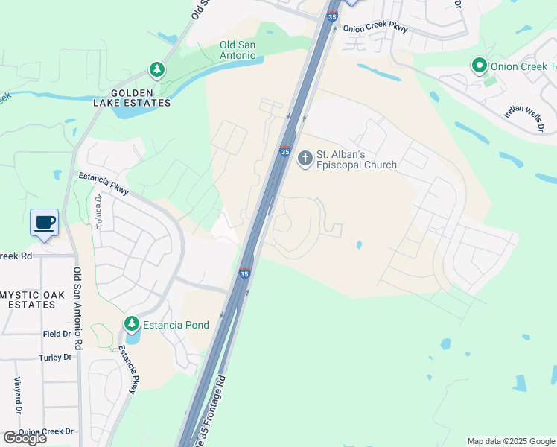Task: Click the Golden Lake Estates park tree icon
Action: (x=157, y=70)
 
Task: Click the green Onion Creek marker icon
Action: (x=480, y=66)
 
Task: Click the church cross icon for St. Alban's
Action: (x=305, y=159)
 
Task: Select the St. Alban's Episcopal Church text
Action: (x=357, y=159)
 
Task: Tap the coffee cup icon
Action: (x=45, y=222)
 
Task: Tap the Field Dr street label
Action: (x=57, y=335)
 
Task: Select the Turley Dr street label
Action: (x=55, y=358)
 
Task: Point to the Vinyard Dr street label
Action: (x=16, y=396)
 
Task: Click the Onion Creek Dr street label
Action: (x=46, y=431)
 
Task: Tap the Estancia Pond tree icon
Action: (x=132, y=324)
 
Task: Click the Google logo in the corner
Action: (x=25, y=438)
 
